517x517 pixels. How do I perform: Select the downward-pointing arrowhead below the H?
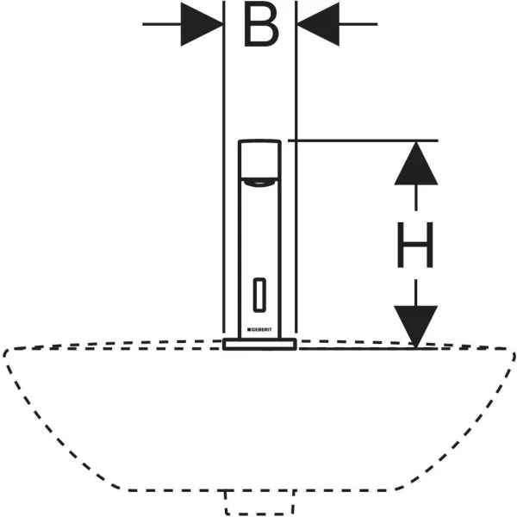coord(415,326)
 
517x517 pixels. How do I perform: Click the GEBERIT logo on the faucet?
coord(260,329)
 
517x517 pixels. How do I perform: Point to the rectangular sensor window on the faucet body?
coord(259,295)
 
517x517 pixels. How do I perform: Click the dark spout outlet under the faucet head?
coord(259,182)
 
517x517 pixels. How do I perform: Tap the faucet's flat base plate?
coord(259,345)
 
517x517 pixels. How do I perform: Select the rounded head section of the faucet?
coord(259,160)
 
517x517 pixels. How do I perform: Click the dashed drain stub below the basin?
coord(259,501)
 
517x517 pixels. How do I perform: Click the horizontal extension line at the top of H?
coord(362,140)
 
